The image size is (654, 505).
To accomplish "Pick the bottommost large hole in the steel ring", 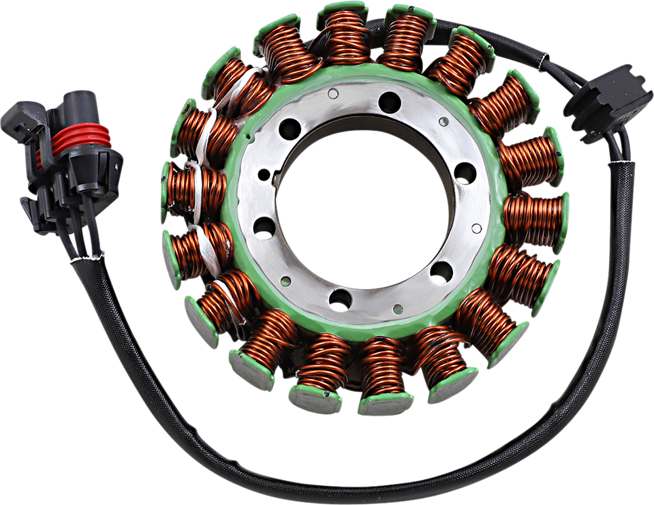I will (340, 299).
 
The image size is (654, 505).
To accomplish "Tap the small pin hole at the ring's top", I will (333, 95).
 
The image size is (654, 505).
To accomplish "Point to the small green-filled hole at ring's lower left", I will (285, 280).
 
